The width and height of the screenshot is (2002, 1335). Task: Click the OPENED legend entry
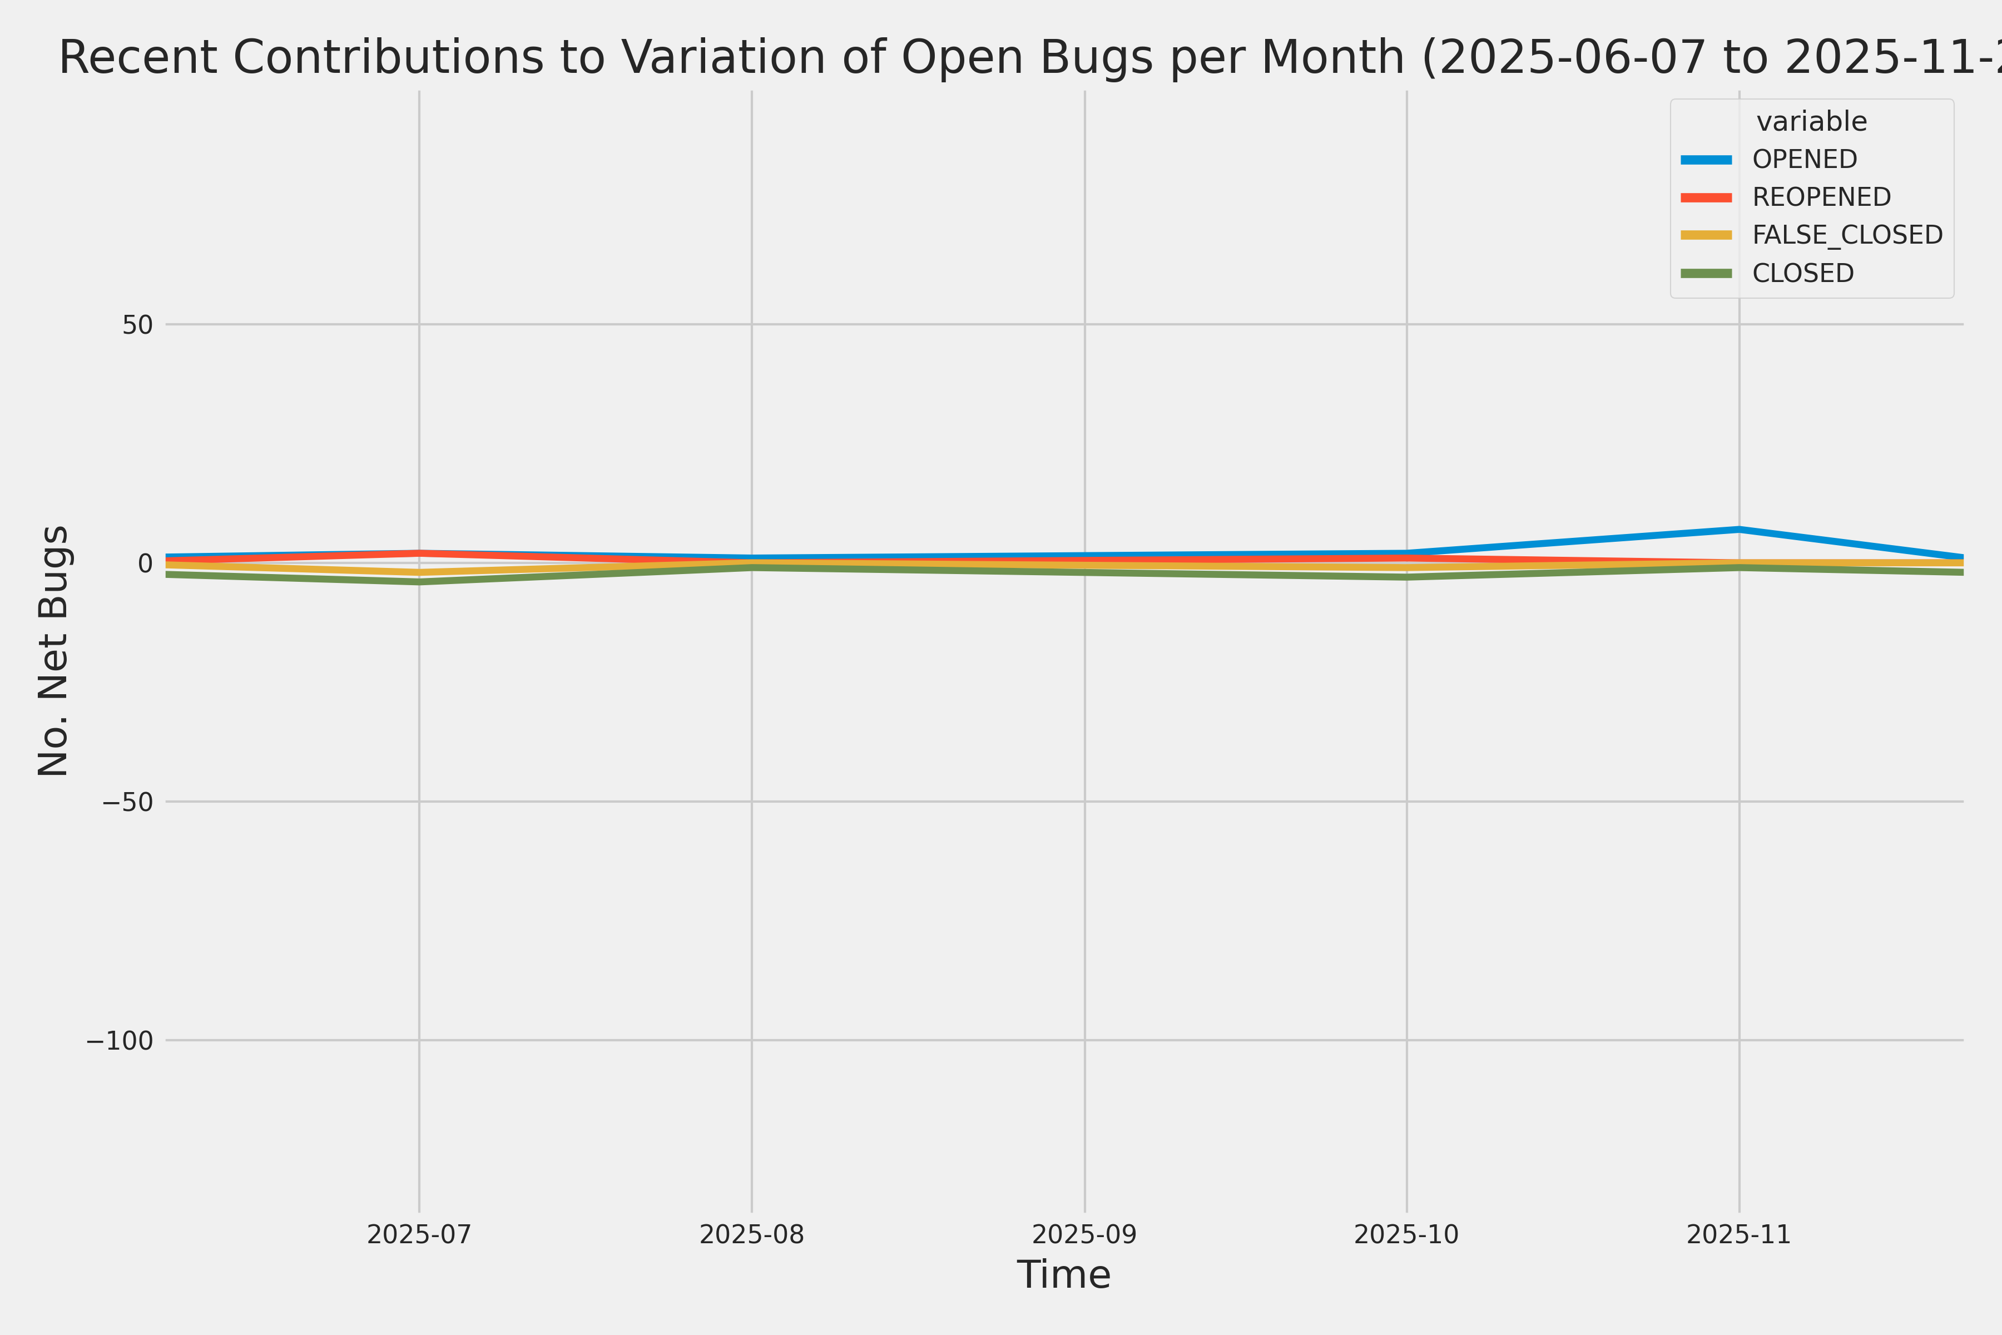1805,159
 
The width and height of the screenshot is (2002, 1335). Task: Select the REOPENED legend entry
1821,197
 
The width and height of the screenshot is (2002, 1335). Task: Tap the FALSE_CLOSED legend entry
1847,235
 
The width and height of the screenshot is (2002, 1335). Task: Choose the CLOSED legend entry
1803,273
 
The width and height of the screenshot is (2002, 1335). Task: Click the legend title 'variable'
1811,122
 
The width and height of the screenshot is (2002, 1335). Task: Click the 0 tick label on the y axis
146,563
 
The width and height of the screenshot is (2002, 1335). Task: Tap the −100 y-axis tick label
119,1040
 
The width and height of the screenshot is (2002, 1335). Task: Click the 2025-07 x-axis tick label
419,1234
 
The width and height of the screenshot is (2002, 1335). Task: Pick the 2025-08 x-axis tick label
752,1234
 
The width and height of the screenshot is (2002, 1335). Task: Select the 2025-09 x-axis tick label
1084,1234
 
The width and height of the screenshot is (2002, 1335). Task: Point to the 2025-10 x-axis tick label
1406,1234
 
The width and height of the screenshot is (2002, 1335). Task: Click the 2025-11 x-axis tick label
1739,1234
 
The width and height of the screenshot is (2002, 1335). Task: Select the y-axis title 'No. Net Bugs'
53,650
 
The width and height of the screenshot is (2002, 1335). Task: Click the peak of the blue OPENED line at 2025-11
1739,530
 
